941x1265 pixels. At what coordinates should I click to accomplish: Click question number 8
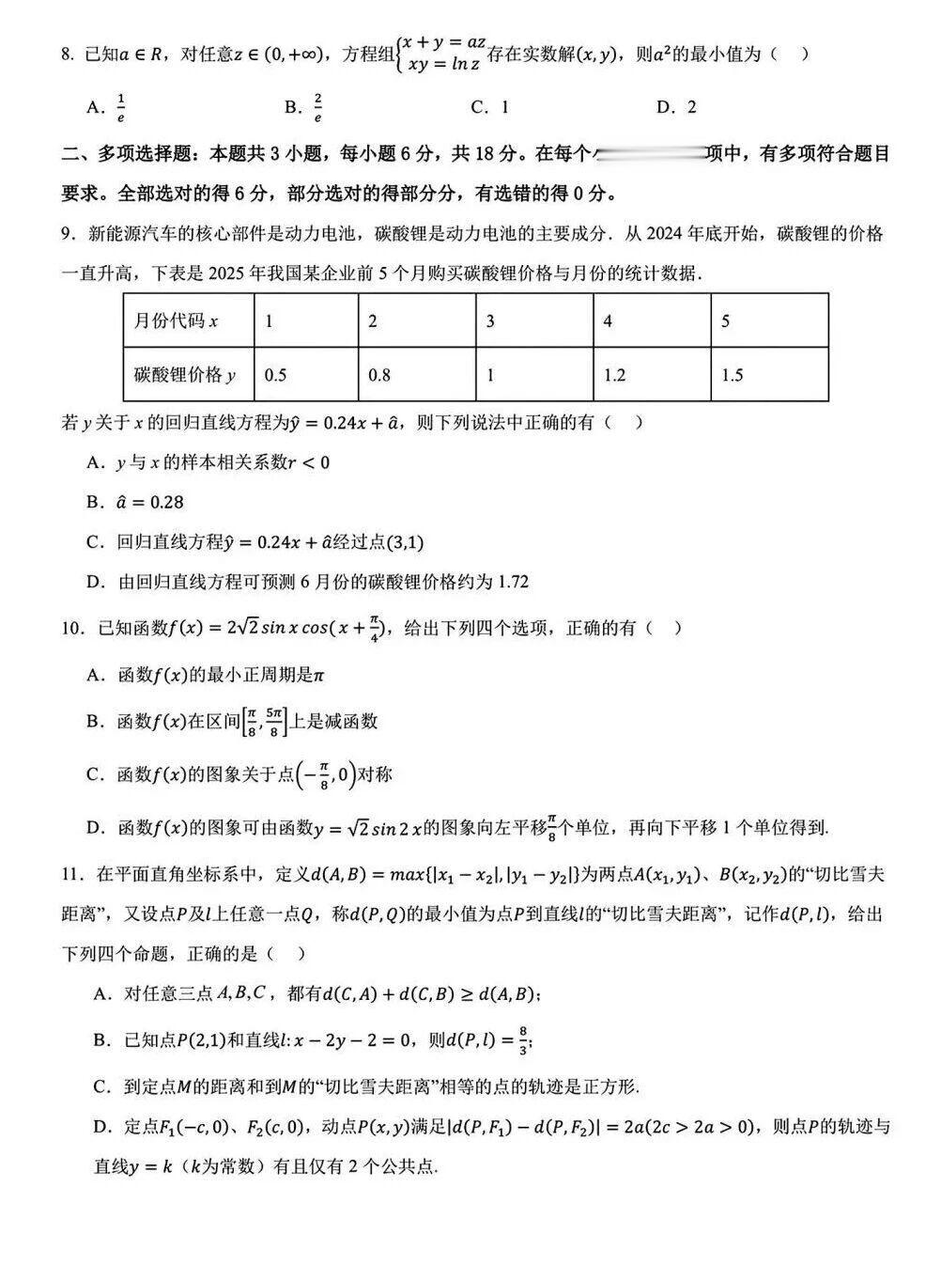67,55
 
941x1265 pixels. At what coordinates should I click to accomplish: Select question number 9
67,234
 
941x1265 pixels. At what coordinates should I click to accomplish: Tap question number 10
71,628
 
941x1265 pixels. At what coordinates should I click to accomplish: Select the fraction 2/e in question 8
318,107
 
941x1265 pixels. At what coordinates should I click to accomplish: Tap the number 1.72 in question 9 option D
514,582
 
